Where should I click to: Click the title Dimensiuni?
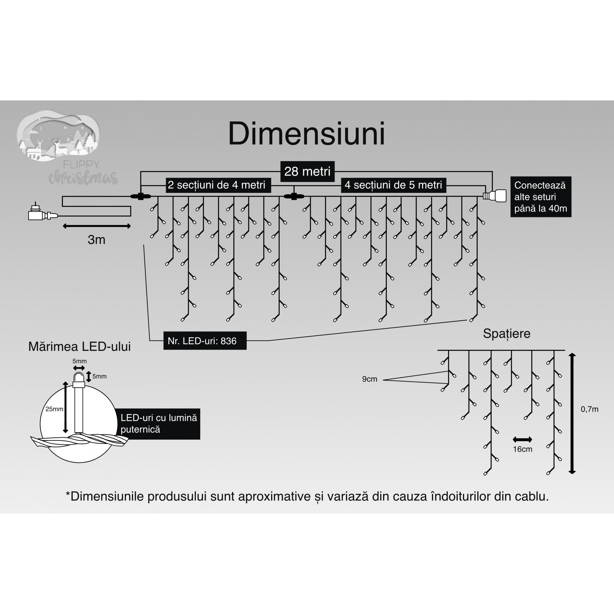(306, 134)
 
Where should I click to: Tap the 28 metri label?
(307, 172)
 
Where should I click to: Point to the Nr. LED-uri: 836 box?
(205, 341)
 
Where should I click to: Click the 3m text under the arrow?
(96, 240)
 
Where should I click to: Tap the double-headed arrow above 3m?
(97, 226)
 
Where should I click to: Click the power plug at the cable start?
(40, 214)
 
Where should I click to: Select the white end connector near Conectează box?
(496, 196)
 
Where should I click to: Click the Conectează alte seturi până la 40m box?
(541, 197)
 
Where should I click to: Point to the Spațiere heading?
(507, 334)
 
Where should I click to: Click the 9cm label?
(370, 379)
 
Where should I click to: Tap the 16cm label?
(523, 449)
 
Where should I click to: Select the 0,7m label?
(589, 409)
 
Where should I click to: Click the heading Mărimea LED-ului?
(80, 347)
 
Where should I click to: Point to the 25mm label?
(54, 409)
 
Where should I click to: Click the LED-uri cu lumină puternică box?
(159, 424)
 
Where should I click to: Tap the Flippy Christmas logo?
(64, 146)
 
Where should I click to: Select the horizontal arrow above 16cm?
(522, 440)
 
